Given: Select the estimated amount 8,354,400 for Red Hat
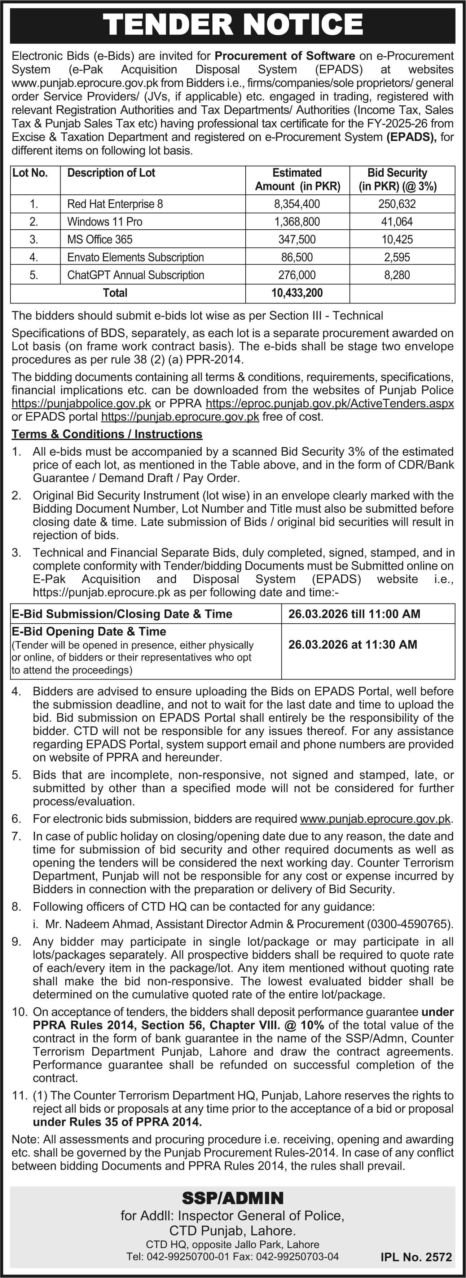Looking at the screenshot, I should [x=297, y=204].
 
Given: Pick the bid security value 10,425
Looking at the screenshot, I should [x=397, y=240].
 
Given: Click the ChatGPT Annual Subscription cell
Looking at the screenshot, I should [x=136, y=275].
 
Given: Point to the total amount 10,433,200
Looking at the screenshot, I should [x=297, y=293].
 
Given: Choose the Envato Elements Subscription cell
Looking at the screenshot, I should [x=136, y=257].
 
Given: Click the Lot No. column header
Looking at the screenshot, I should [x=30, y=173].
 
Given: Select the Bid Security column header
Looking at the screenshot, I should [x=397, y=180].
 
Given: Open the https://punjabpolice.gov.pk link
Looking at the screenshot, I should [x=81, y=403].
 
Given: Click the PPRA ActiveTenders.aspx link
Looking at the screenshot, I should [x=330, y=403].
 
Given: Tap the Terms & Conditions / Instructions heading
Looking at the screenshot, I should [x=107, y=434].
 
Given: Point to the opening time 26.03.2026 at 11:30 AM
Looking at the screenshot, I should [x=353, y=645].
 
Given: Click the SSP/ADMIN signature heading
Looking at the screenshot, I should [x=233, y=1198].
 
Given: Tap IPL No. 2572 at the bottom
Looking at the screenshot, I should [x=416, y=1258].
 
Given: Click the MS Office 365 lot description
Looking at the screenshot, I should [x=100, y=240].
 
